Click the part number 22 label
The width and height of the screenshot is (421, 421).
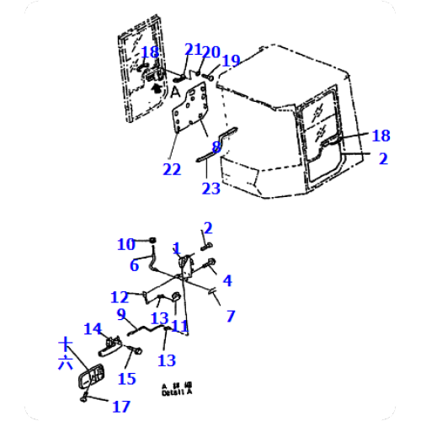click(x=172, y=170)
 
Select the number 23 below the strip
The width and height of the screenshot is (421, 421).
click(x=210, y=189)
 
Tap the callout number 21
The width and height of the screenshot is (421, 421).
click(x=193, y=50)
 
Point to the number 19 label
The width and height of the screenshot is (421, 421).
click(x=231, y=61)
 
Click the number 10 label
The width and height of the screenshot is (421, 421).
click(x=125, y=244)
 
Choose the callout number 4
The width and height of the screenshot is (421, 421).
click(x=227, y=281)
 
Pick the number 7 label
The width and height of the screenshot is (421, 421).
click(x=230, y=317)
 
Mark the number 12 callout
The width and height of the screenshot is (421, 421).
click(x=120, y=296)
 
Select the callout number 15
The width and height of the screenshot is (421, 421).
click(x=126, y=379)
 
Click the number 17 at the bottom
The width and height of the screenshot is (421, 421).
click(x=121, y=407)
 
